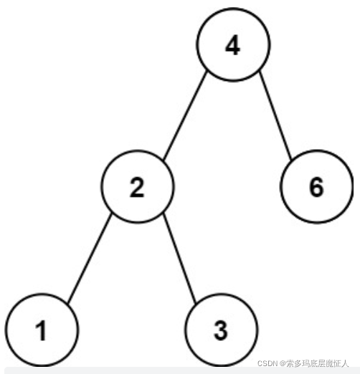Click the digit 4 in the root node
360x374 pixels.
pyautogui.click(x=232, y=45)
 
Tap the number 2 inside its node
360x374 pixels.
pyautogui.click(x=137, y=187)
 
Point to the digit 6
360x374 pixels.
pyautogui.click(x=316, y=187)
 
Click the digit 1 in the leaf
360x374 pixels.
pyautogui.click(x=41, y=330)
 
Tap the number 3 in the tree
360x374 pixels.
pyautogui.click(x=221, y=330)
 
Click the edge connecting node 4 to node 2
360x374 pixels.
pyautogui.click(x=184, y=115)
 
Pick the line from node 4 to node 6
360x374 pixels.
pyautogui.click(x=275, y=115)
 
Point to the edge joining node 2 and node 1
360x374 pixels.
pyautogui.click(x=90, y=259)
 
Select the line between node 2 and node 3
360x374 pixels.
pyautogui.click(x=179, y=259)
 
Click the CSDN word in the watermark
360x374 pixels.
pyautogui.click(x=267, y=363)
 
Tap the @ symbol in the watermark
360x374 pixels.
pyautogui.click(x=283, y=363)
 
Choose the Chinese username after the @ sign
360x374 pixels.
pyautogui.click(x=318, y=363)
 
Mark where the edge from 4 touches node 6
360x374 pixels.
pyautogui.click(x=291, y=159)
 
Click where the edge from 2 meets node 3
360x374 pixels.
pyautogui.click(x=196, y=303)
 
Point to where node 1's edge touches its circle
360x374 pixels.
pyautogui.click(x=67, y=303)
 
